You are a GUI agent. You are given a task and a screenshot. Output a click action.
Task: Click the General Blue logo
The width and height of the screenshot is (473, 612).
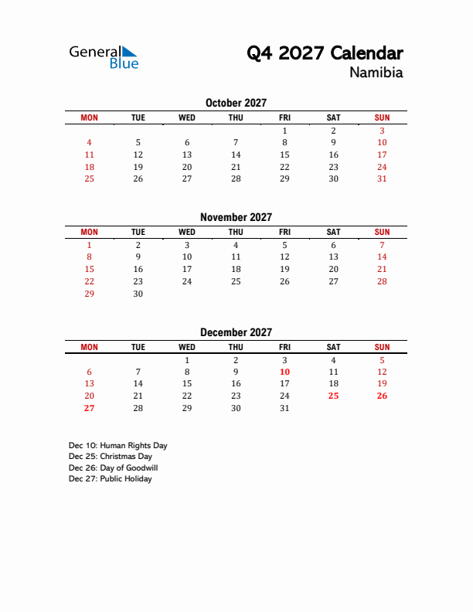104,56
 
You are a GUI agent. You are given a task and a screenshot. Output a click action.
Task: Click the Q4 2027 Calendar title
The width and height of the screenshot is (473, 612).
325,53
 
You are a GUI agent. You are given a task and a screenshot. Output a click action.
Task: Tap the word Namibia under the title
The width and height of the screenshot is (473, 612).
376,73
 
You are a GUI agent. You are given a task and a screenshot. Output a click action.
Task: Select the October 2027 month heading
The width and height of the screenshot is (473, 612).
236,103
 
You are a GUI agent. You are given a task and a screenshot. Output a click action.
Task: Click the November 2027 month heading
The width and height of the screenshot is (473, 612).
236,217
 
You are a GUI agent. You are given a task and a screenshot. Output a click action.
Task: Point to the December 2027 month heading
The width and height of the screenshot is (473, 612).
236,332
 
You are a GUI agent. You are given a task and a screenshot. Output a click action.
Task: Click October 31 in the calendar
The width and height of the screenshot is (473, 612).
382,178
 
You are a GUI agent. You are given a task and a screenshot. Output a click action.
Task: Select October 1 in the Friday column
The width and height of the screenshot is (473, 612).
284,131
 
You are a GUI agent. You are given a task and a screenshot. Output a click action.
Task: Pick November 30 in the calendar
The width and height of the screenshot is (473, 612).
138,294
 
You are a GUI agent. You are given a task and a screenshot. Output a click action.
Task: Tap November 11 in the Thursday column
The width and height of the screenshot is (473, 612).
236,257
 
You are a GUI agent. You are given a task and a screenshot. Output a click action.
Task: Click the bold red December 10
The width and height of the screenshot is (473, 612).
284,372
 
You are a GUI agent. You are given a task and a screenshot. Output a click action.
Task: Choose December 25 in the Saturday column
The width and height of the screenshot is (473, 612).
333,396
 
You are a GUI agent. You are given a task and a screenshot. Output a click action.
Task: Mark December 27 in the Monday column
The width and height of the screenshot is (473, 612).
89,408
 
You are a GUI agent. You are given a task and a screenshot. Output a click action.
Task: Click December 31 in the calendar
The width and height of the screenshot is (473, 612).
284,408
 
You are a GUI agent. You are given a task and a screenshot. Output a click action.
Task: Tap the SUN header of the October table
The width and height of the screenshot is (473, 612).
382,117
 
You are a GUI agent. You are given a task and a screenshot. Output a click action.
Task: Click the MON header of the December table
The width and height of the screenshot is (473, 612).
89,347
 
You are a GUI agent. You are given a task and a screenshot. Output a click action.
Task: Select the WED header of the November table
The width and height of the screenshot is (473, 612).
187,232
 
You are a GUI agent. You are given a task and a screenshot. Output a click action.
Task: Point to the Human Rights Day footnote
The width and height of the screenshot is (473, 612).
117,446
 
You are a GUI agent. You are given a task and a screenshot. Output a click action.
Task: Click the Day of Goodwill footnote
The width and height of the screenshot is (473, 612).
113,467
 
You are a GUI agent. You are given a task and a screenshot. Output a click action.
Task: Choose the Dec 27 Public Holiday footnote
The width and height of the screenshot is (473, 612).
110,479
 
